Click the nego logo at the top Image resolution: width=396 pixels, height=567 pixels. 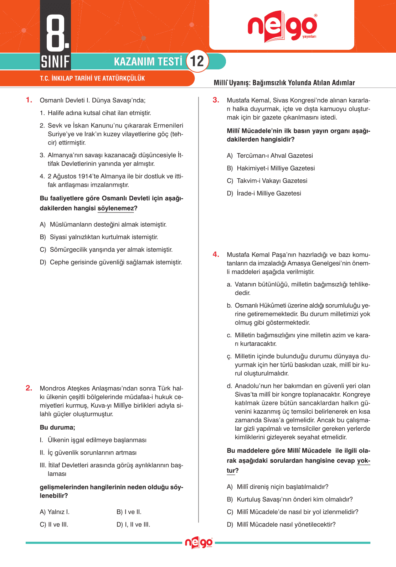tap(282, 27)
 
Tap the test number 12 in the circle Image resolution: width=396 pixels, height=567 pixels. tap(197, 61)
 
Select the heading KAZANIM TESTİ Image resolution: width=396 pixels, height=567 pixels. tap(148, 62)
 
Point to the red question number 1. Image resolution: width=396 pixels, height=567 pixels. tap(29, 100)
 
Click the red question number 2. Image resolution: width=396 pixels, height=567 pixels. tap(29, 388)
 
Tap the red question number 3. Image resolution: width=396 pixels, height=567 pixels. tap(216, 100)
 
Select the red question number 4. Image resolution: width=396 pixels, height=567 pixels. tap(216, 254)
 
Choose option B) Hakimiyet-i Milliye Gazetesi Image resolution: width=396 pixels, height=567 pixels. tap(271, 168)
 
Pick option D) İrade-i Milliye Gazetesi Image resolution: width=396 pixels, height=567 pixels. tap(264, 193)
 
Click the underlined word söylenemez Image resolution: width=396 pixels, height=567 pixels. tap(115, 208)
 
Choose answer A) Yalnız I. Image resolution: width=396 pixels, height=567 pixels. tap(55, 512)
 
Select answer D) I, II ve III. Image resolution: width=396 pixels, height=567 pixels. tap(133, 524)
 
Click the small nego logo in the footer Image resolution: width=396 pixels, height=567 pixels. tap(199, 543)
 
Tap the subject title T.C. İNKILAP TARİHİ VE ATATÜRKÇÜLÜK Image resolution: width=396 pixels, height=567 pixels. tap(92, 78)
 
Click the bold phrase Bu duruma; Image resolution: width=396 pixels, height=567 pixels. tap(57, 427)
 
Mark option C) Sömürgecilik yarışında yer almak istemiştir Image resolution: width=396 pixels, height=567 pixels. tap(106, 250)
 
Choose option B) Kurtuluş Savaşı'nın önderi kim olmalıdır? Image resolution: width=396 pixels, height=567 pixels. tap(290, 499)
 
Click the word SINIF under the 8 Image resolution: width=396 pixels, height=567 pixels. tap(55, 62)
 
